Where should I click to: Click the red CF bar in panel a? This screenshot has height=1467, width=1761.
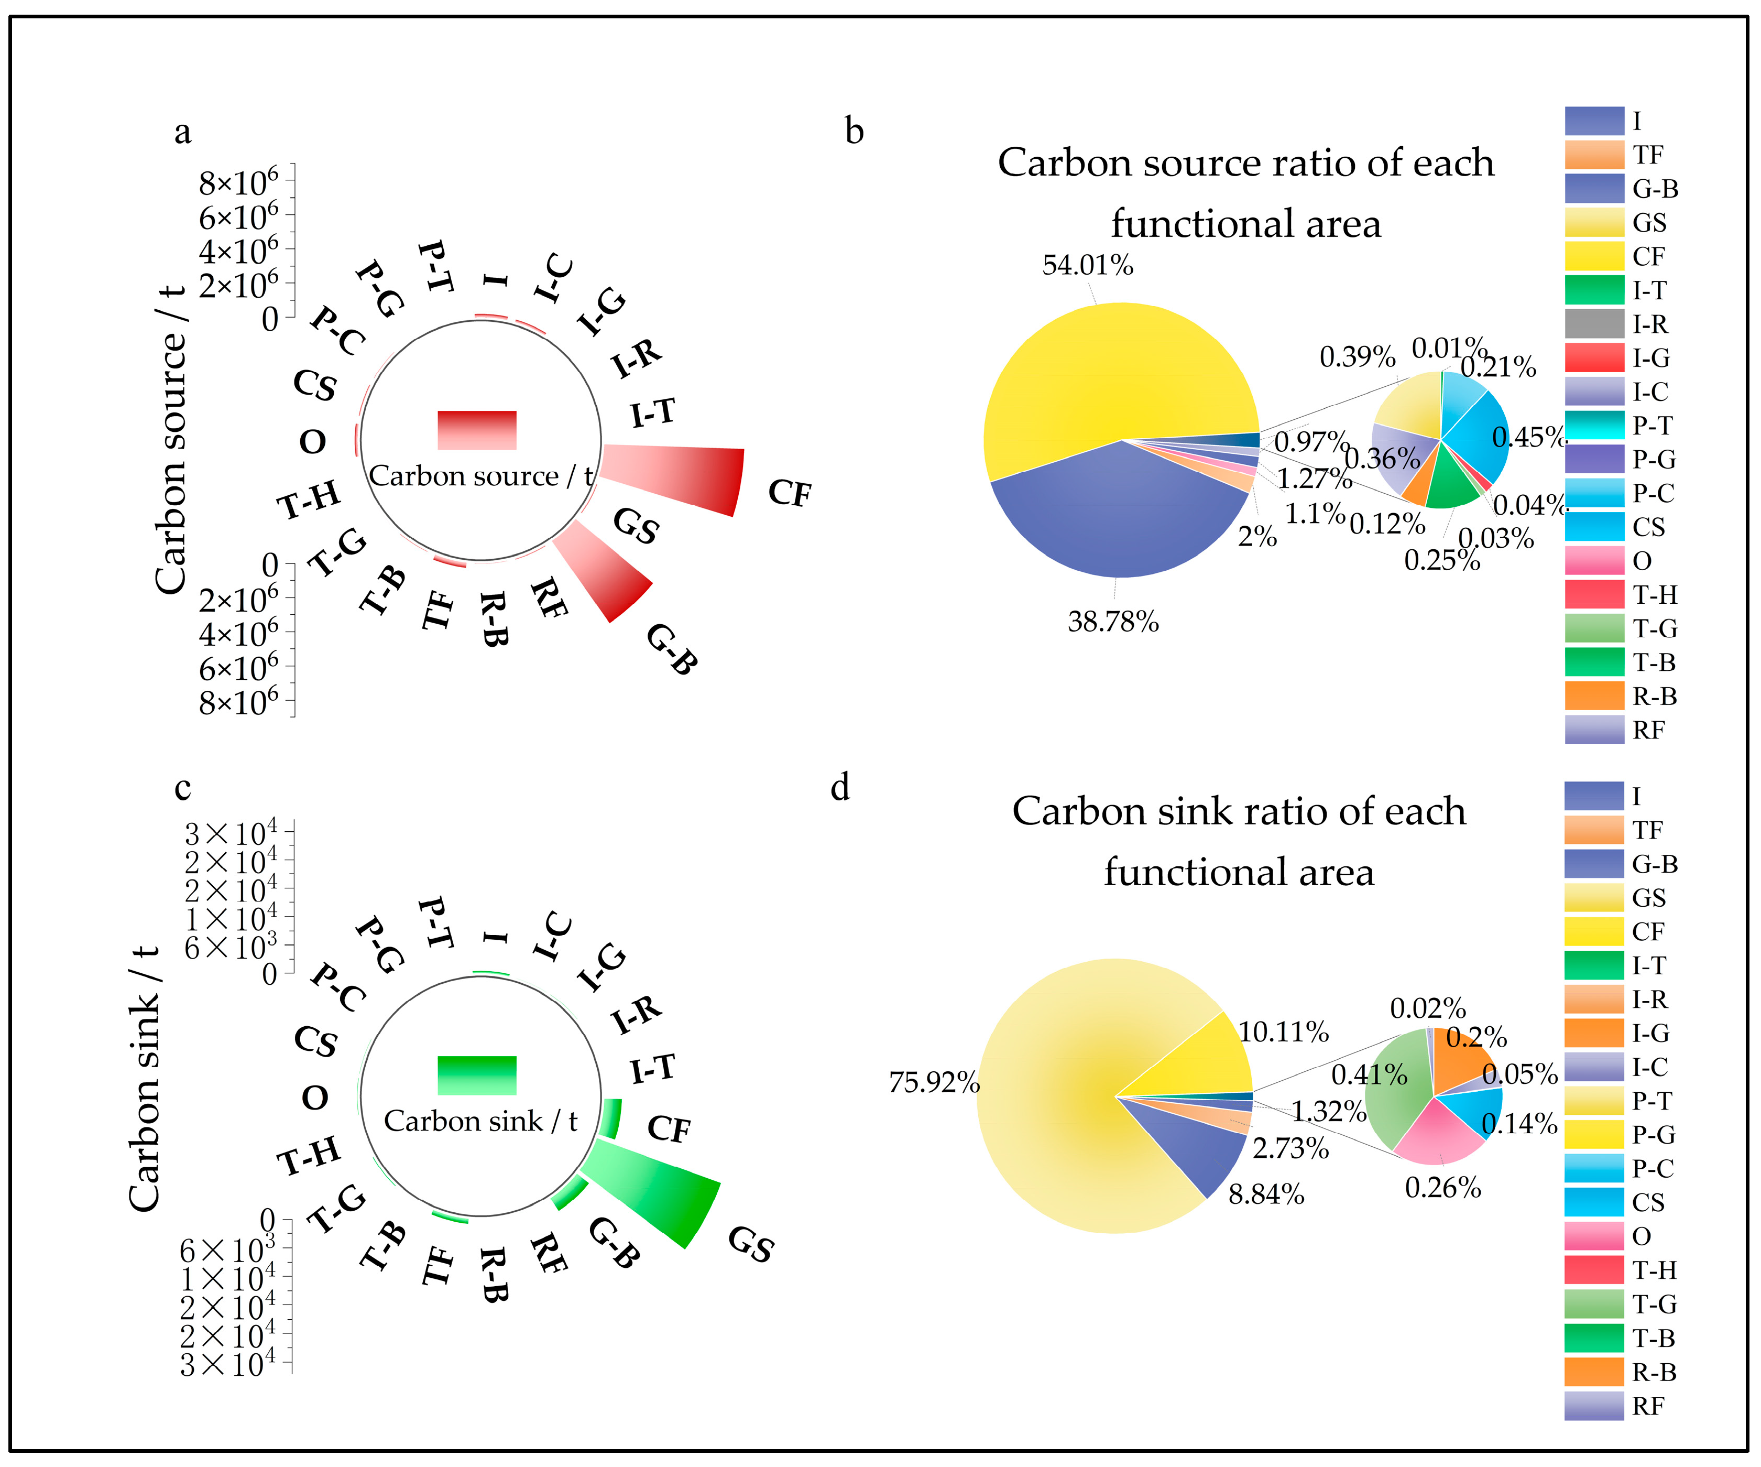(x=679, y=478)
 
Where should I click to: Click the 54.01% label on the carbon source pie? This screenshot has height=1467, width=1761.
(x=1088, y=266)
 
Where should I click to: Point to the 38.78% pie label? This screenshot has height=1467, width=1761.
(x=1113, y=622)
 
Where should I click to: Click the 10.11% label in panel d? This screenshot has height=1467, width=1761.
(x=1284, y=1031)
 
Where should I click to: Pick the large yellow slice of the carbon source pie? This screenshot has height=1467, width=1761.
(x=1107, y=377)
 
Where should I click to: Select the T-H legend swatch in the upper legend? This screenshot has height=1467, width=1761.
(x=1594, y=595)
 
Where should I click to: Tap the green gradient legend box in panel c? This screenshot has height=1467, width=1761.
(x=477, y=1075)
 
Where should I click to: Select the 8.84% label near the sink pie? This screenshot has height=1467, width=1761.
(x=1266, y=1194)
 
